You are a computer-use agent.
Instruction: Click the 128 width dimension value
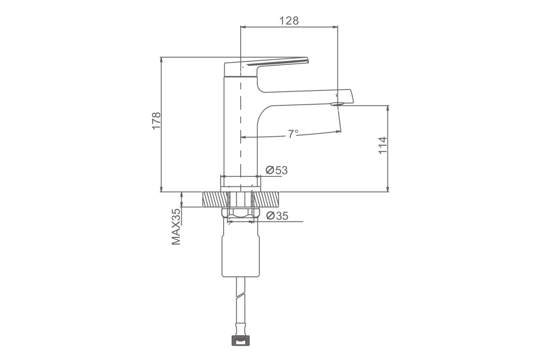click(289, 21)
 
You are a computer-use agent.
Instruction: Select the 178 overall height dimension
click(156, 121)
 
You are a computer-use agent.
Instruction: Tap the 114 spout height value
click(382, 145)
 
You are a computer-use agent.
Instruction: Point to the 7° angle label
click(293, 134)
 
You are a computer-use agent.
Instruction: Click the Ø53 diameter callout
click(276, 170)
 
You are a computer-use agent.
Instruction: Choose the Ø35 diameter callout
click(277, 216)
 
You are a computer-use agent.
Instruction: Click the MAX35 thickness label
click(176, 227)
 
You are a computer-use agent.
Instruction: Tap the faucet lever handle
click(266, 67)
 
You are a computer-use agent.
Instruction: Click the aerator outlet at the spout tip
click(337, 104)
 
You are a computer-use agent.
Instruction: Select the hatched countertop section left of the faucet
click(215, 199)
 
